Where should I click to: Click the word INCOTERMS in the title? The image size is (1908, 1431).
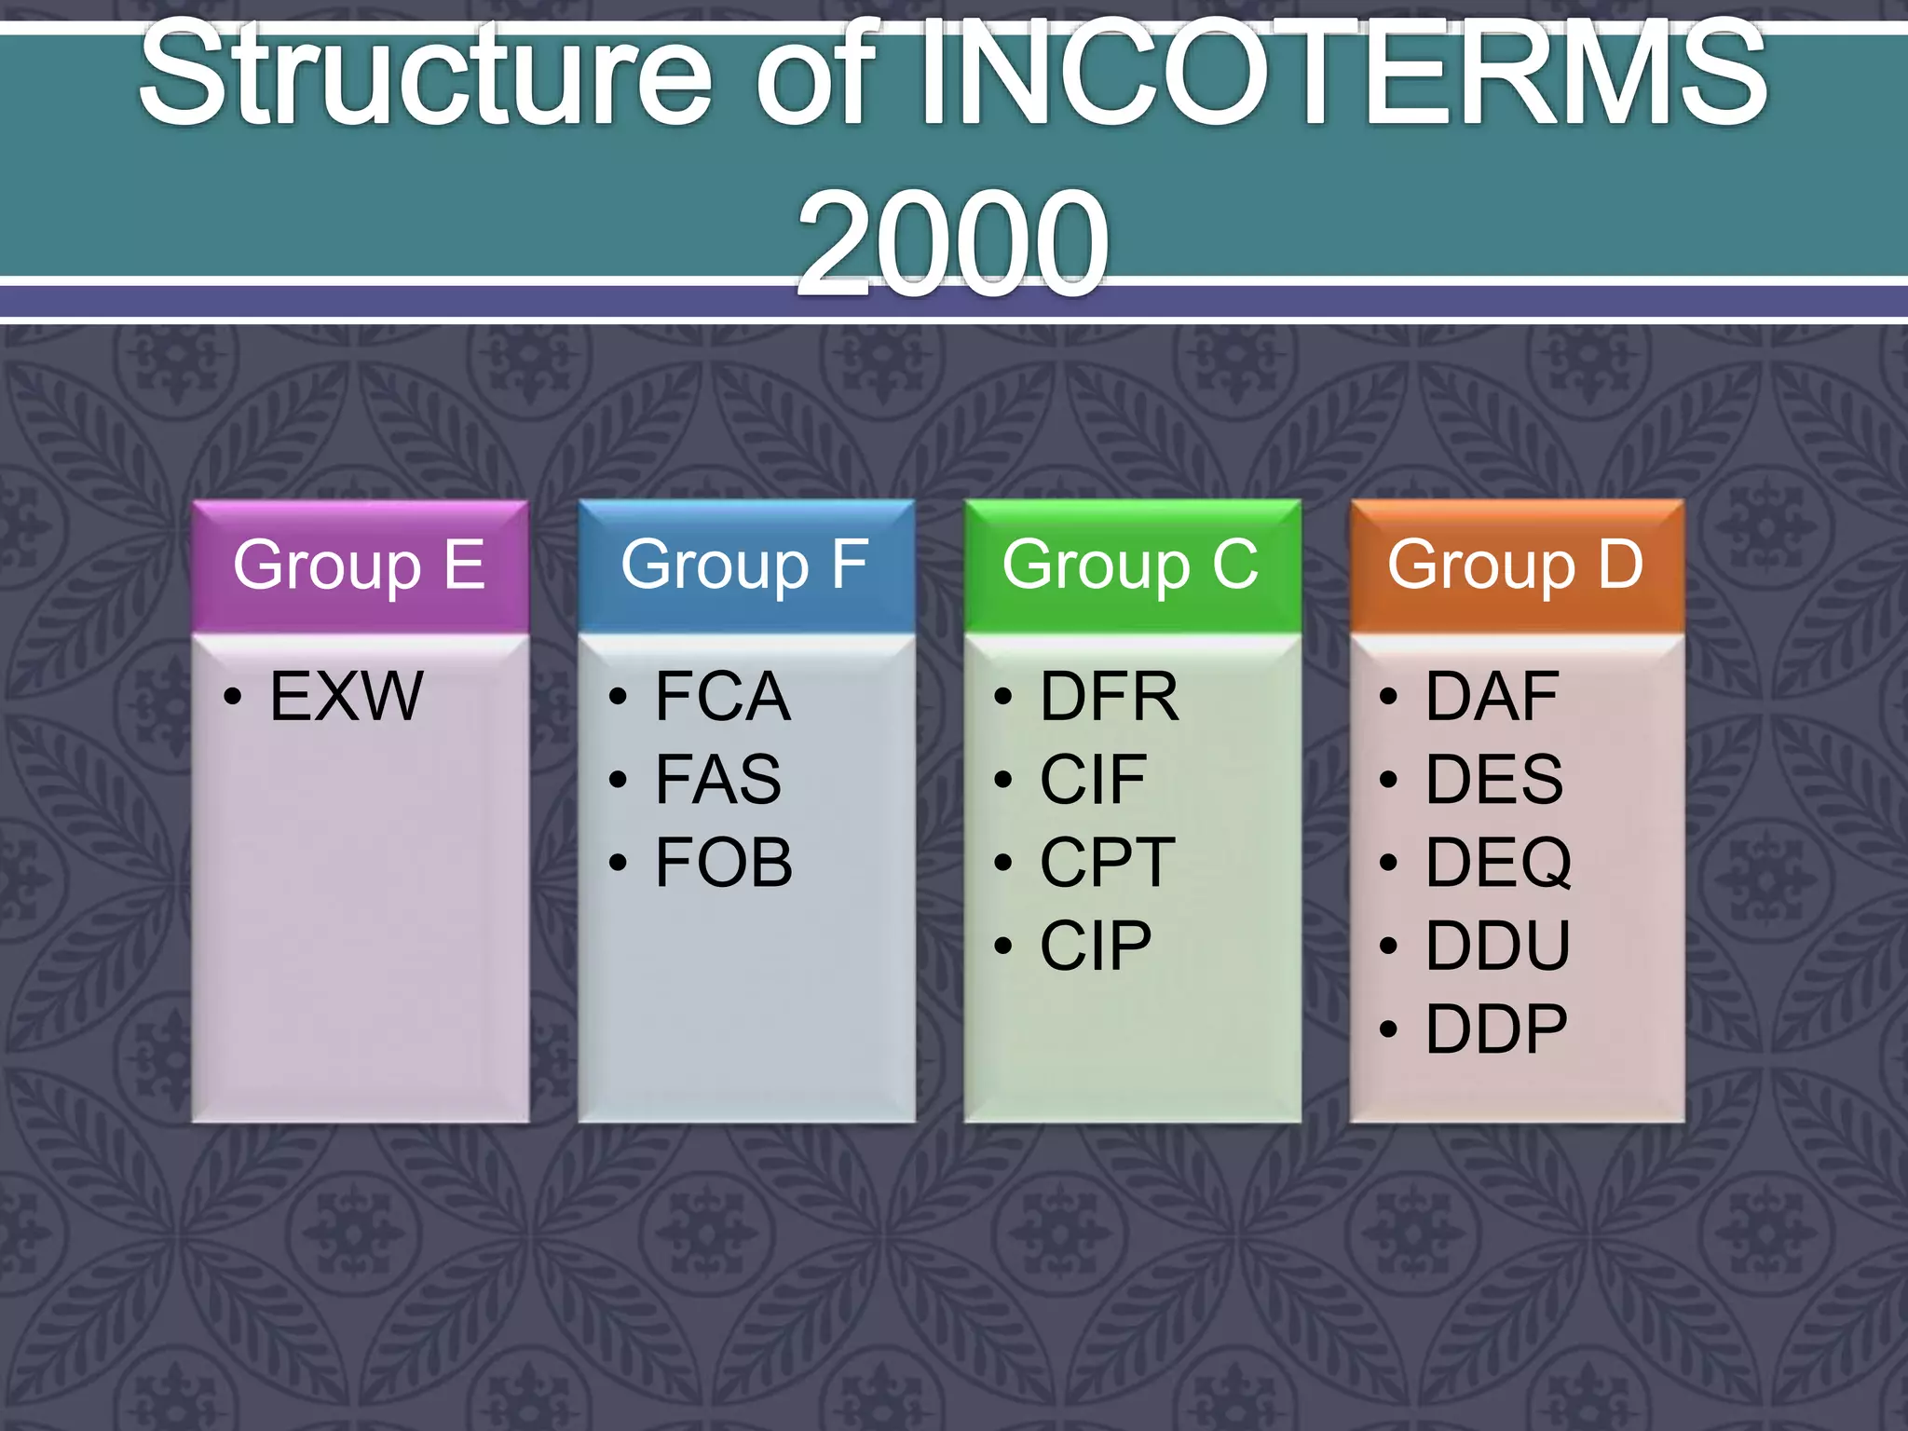(x=1342, y=75)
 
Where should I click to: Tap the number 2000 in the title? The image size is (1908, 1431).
(x=952, y=242)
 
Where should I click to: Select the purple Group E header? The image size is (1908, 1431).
(x=360, y=565)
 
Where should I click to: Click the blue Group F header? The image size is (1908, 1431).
(x=745, y=565)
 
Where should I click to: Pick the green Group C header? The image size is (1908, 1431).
(x=1131, y=565)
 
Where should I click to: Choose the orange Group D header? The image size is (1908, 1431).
(x=1516, y=565)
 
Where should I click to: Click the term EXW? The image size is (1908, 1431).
(x=347, y=696)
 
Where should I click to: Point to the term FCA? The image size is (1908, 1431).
(x=723, y=696)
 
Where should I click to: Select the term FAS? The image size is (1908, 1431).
(x=718, y=779)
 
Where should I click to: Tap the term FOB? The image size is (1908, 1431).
(x=724, y=862)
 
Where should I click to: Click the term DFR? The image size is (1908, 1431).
(x=1109, y=696)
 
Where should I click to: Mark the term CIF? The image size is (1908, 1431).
(x=1093, y=779)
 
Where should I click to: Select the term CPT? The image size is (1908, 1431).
(x=1108, y=862)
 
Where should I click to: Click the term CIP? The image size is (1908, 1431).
(x=1096, y=946)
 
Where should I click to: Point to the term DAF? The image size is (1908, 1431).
(x=1492, y=696)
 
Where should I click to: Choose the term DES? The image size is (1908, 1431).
(x=1494, y=779)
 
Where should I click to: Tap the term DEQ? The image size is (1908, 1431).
(x=1498, y=862)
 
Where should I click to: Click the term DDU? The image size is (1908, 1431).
(x=1498, y=946)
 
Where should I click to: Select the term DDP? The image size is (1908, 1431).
(x=1496, y=1029)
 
